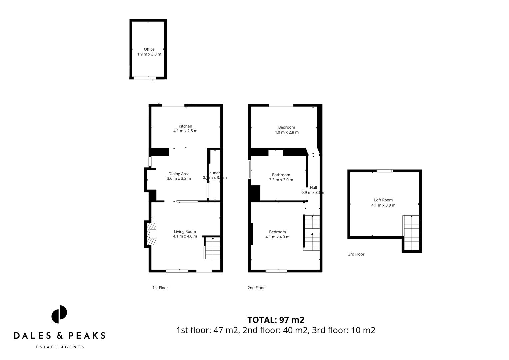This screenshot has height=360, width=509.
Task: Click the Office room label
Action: (149, 49)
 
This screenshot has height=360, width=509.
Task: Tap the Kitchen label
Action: (185, 126)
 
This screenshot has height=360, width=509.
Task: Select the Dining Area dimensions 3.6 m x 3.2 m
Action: (179, 179)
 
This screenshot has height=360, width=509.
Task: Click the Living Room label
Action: (185, 232)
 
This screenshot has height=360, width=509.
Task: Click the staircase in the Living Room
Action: (212, 248)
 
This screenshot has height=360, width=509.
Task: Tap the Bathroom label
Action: (281, 175)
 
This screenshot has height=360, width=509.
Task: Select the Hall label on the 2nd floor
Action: (313, 188)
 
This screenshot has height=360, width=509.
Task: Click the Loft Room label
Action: (383, 200)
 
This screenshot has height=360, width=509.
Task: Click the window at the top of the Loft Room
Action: (385, 171)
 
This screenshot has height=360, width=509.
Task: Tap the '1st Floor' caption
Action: (160, 288)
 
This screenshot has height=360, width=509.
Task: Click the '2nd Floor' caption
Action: (256, 288)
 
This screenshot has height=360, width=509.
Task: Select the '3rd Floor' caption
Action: (356, 254)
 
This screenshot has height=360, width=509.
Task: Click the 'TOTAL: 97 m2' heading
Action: (276, 320)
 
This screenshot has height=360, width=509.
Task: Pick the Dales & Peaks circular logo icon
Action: (59, 314)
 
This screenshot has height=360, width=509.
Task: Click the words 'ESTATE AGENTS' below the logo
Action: (60, 347)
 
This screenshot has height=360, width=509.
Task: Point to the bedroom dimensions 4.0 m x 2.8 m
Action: (286, 132)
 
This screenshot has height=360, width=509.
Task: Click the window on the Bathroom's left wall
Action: (249, 169)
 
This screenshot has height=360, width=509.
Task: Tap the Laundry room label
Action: (214, 173)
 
